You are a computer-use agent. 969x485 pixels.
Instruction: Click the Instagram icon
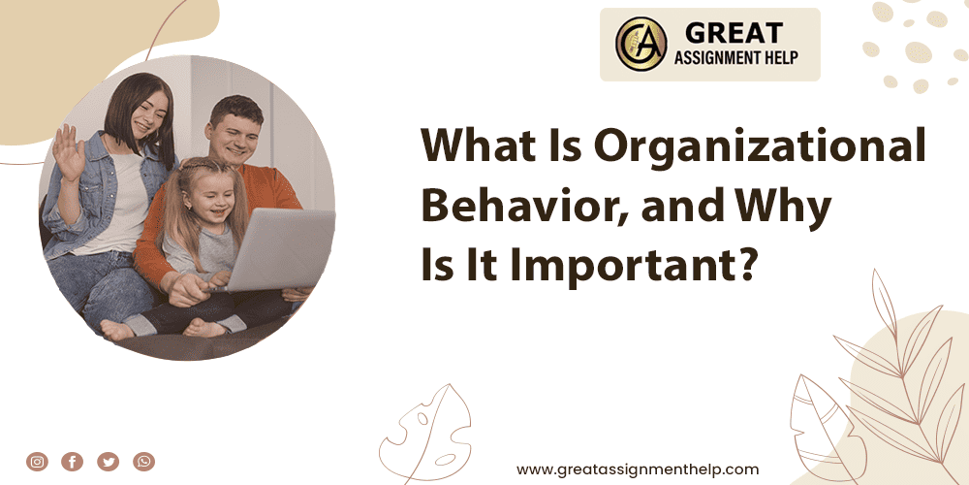(x=37, y=462)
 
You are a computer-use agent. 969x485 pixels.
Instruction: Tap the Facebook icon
(x=73, y=462)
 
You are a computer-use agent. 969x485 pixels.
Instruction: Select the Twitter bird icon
(x=109, y=462)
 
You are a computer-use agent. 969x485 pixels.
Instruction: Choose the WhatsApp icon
(x=144, y=462)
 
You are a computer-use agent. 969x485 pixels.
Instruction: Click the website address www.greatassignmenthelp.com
(x=638, y=469)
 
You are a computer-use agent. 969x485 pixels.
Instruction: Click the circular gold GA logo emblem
(x=641, y=45)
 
